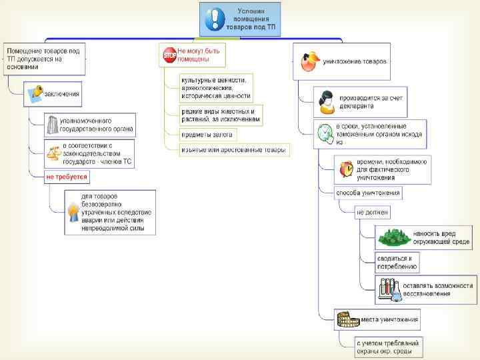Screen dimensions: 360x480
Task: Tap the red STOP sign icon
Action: click(x=169, y=55)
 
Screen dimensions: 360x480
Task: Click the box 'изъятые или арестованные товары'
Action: click(x=233, y=150)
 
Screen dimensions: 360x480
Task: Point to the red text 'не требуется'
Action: click(x=66, y=177)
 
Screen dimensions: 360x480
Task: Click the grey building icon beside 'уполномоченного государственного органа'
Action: click(x=52, y=125)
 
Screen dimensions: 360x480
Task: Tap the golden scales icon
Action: click(x=52, y=153)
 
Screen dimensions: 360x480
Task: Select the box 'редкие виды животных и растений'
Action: click(x=220, y=115)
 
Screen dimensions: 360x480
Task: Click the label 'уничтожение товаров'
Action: click(x=354, y=62)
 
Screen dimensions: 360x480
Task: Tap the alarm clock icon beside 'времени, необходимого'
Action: click(x=346, y=169)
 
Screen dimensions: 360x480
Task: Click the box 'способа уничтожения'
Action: click(x=368, y=193)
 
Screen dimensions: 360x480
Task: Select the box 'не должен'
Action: click(x=372, y=212)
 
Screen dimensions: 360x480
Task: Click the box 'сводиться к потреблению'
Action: click(x=397, y=261)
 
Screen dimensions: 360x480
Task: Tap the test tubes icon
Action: click(x=389, y=289)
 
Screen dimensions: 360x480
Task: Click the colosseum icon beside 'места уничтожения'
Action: click(x=347, y=319)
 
